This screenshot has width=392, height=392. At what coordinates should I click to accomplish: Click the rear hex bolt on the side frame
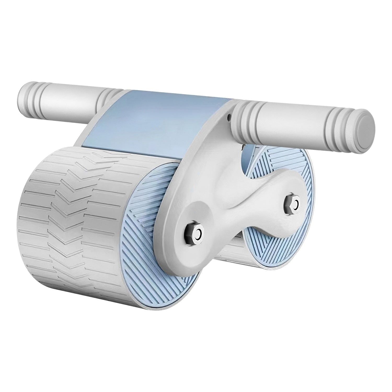click(x=292, y=202)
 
